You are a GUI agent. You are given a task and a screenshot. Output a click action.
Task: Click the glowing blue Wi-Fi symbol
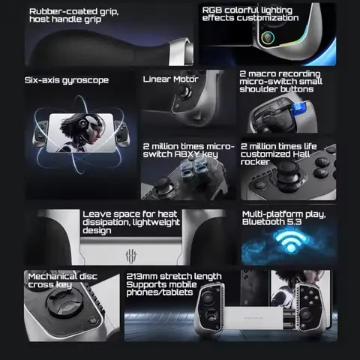291,241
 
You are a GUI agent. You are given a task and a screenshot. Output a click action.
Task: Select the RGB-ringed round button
268,37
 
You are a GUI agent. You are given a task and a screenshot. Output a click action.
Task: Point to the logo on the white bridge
131,256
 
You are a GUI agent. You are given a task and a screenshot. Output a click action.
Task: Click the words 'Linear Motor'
171,79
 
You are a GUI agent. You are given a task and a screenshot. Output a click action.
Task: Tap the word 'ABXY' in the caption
187,154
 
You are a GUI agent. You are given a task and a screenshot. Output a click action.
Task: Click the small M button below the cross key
93,320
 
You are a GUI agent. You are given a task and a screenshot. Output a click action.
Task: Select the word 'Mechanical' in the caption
49,276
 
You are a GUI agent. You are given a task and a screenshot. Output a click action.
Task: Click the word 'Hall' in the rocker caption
301,154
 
